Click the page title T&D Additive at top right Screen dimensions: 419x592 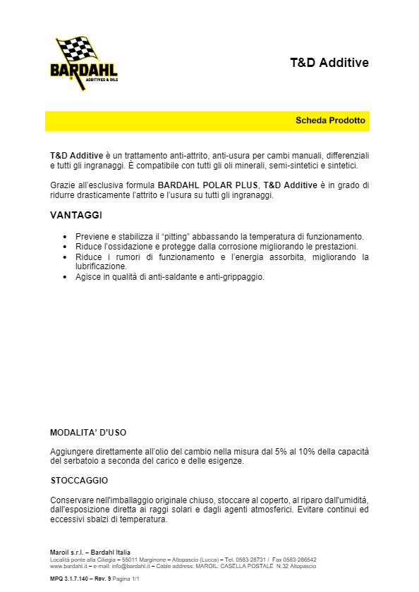coord(329,63)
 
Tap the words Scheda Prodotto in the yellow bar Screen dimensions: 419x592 coord(330,121)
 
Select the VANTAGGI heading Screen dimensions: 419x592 coord(76,214)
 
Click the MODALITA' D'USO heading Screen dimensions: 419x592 coord(88,432)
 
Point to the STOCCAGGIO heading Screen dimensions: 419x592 coord(79,480)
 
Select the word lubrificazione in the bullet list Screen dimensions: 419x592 coord(100,266)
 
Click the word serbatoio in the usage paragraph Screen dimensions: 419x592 coord(80,461)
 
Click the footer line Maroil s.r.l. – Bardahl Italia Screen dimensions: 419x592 coord(90,552)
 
